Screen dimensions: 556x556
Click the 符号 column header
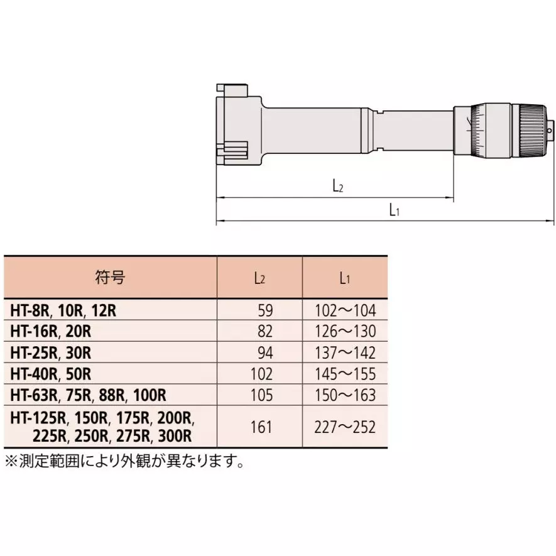111,278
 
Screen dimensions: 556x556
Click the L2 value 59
265,310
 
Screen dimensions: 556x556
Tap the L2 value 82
265,331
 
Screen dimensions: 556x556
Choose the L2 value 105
261,395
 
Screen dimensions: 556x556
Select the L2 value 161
261,427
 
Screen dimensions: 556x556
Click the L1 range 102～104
345,310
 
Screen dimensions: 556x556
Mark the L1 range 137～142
345,352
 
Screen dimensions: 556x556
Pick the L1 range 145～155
345,374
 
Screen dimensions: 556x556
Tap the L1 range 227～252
345,427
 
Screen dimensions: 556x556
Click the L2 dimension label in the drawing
337,186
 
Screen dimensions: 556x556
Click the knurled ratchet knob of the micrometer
530,129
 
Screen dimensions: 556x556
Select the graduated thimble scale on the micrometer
490,129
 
